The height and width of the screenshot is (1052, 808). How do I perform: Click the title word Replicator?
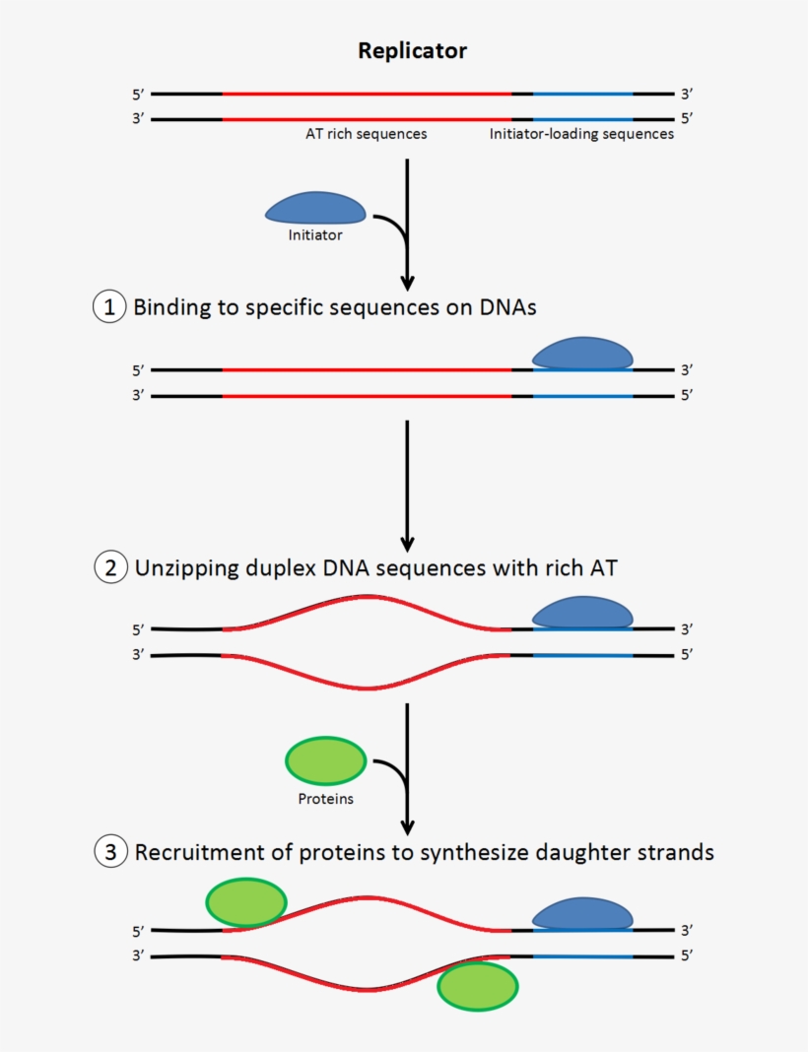point(412,51)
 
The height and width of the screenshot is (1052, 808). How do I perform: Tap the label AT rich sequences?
point(366,134)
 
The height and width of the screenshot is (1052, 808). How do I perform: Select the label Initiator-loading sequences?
point(581,134)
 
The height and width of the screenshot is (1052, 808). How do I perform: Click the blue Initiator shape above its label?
point(315,208)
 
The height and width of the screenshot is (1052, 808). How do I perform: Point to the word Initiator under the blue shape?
point(315,235)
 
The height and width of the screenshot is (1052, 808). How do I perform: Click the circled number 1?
point(109,307)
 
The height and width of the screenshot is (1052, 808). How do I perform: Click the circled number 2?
point(109,568)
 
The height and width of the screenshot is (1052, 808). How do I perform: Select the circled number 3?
point(109,852)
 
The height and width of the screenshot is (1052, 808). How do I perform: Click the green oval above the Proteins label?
point(325,761)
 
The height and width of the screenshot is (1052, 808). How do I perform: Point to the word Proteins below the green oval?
point(325,799)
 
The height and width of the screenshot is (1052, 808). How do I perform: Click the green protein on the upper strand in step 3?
point(245,902)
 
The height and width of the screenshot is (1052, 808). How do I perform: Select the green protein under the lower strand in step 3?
point(477,987)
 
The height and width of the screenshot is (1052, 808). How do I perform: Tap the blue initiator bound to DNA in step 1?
point(582,354)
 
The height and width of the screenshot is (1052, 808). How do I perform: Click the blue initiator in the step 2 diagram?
point(582,613)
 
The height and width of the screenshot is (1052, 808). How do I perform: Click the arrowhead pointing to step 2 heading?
point(407,544)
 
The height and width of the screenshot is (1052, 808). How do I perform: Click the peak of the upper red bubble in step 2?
point(368,597)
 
